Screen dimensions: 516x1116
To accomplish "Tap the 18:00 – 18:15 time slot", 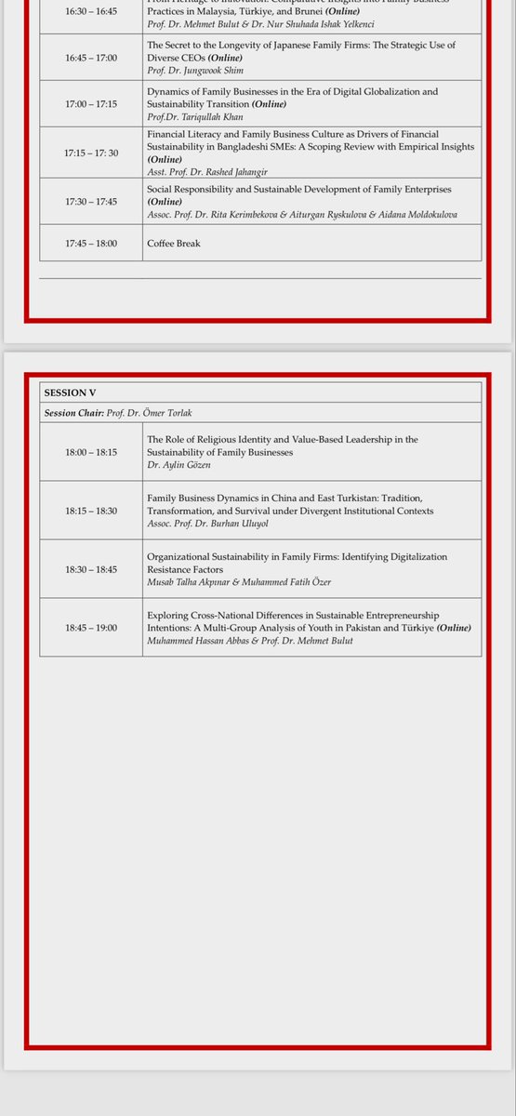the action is [x=91, y=452].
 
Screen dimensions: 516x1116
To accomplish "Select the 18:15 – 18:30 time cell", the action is [x=91, y=511].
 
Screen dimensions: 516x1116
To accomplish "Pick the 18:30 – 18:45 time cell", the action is [x=91, y=569].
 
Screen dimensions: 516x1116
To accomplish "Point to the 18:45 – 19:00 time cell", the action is [x=91, y=628].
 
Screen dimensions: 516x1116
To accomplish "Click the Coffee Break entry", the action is [x=174, y=244].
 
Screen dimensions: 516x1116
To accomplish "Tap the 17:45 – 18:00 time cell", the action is [x=91, y=244].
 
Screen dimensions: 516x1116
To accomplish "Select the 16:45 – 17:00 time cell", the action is [x=91, y=58].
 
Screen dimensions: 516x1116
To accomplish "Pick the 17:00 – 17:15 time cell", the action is [x=91, y=105].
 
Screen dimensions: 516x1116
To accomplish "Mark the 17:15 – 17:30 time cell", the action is [x=91, y=153].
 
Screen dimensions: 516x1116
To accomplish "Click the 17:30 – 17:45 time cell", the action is [x=91, y=201].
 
